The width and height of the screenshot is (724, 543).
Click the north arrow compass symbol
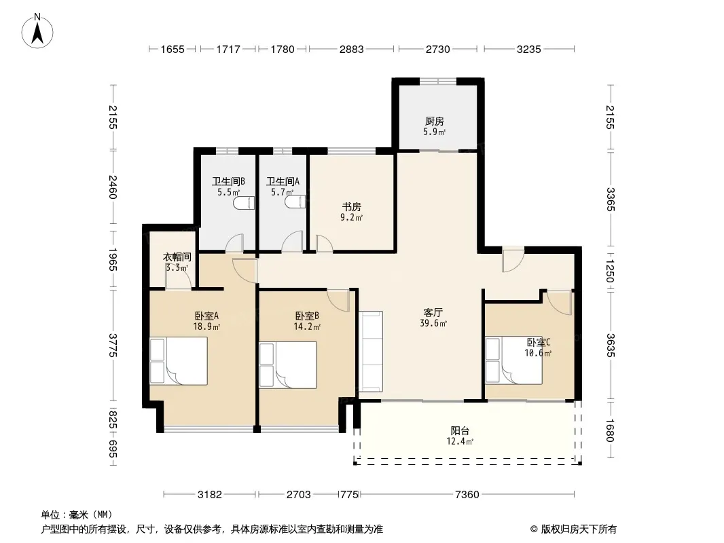(37, 31)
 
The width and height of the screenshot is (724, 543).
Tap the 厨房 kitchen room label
(435, 121)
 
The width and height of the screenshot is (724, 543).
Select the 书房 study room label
(351, 207)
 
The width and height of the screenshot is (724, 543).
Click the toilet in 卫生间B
(244, 203)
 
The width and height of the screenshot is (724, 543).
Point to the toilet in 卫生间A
(295, 202)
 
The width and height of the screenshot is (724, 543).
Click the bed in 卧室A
(178, 361)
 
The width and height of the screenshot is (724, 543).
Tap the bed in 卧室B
(288, 365)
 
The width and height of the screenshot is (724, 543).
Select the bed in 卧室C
(513, 360)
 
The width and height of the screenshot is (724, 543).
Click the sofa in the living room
(371, 351)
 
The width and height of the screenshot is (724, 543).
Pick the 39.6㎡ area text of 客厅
(433, 323)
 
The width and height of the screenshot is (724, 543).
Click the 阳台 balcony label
(460, 431)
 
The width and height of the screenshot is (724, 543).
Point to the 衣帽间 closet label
(177, 257)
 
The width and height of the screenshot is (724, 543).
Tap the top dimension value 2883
(351, 49)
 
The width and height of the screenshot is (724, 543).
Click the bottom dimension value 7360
(467, 495)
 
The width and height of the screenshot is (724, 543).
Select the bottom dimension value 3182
(210, 495)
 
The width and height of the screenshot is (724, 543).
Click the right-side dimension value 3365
(611, 200)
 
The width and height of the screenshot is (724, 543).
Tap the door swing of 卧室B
(338, 300)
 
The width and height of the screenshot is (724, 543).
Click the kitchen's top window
(437, 81)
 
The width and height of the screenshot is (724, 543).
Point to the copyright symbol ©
(534, 529)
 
